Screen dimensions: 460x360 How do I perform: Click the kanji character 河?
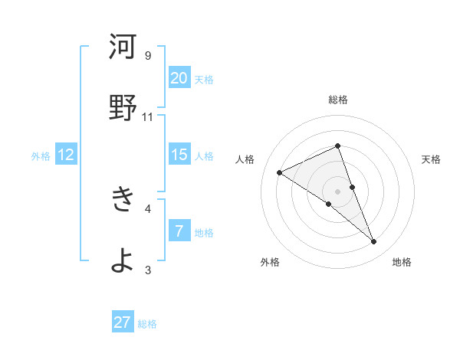123,47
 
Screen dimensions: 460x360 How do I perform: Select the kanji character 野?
123,108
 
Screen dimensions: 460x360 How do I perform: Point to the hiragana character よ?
123,260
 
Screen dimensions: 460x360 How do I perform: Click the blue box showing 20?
179,77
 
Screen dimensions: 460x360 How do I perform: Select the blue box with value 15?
179,155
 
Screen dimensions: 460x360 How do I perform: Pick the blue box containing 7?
179,231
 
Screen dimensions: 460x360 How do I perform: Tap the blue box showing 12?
66,155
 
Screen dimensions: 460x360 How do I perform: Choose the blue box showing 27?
123,322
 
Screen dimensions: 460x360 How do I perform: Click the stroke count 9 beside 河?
148,55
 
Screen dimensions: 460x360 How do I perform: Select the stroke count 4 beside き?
148,208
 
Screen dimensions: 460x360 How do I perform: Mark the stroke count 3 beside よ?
148,269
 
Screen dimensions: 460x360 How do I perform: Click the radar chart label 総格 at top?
338,100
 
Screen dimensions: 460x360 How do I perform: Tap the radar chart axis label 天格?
431,159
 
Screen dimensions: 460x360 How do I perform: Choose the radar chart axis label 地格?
402,263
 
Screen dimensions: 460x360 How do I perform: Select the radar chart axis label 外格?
270,263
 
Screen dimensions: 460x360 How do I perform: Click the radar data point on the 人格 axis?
280,173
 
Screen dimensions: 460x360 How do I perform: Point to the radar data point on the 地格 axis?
374,242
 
